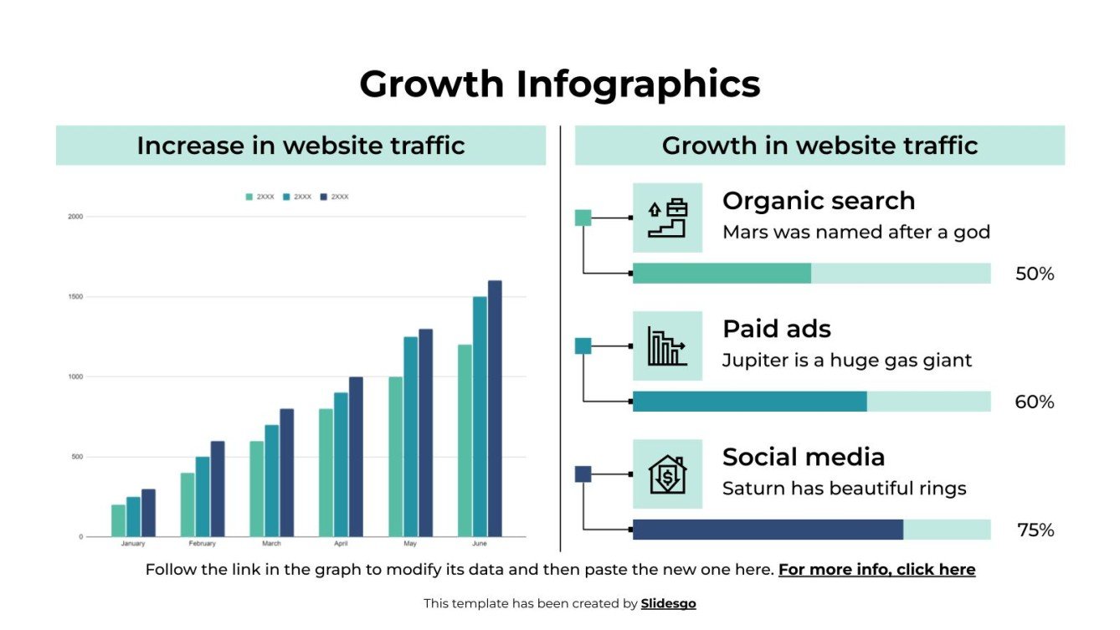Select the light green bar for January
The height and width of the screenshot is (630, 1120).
tap(118, 520)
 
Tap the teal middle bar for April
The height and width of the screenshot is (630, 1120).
tap(341, 464)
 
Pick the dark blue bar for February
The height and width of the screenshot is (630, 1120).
tap(218, 489)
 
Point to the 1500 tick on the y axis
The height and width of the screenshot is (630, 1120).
tap(75, 297)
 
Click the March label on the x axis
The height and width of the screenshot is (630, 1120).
tap(271, 544)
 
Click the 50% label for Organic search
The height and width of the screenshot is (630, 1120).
tap(1035, 274)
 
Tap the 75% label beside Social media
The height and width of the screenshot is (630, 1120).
tap(1035, 530)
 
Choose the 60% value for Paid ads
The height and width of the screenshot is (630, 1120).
tap(1035, 402)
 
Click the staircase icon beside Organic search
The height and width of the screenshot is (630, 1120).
tap(667, 218)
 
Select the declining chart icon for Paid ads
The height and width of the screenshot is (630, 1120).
tap(667, 346)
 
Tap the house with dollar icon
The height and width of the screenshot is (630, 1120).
tap(667, 474)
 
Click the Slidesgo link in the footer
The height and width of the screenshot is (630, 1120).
tap(668, 603)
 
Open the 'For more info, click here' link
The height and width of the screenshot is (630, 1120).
tap(876, 570)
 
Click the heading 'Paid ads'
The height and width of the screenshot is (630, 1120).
tap(776, 329)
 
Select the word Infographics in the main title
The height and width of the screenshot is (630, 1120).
tap(638, 84)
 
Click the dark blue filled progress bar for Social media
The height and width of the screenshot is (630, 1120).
tap(768, 530)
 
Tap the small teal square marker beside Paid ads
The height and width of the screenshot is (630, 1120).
tap(583, 346)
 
